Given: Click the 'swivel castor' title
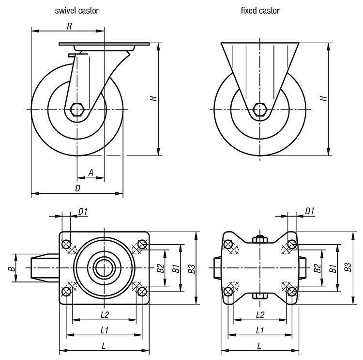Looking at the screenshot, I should pos(76,10).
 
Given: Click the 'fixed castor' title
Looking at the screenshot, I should pos(260,10).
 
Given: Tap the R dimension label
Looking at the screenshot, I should pos(69,26).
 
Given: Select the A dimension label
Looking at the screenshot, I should pos(90,172).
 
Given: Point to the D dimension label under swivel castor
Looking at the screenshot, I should pos(77,188).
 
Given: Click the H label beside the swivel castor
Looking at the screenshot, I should pos(154,98).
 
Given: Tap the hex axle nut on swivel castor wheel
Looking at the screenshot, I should pos(77,110).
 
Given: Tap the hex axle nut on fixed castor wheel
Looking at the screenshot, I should pos(260,110).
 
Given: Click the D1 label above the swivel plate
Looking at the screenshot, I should pos(83,211).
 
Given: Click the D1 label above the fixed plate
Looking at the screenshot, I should pos(310,211).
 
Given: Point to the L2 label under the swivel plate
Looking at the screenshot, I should pos(104,315).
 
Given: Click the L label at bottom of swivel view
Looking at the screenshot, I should pos(104,345).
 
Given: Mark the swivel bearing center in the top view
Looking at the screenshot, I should pos(104,267).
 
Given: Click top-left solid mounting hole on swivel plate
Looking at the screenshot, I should pos(67,244).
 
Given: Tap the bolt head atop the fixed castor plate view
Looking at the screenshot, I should pos(260,238).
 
